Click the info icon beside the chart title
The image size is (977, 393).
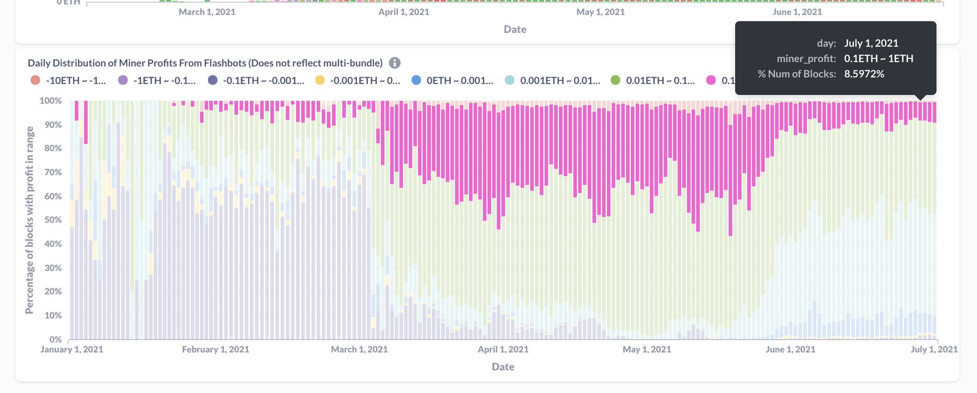coord(395,63)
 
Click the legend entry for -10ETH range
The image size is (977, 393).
coord(68,80)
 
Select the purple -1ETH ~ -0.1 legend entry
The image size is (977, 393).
coord(157,80)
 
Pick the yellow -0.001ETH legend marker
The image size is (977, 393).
coord(320,80)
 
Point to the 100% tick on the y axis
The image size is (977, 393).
coord(51,101)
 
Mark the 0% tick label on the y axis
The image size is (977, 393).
coord(55,340)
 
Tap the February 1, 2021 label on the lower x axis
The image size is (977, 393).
coord(216,350)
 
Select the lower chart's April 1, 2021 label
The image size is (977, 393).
coord(503,350)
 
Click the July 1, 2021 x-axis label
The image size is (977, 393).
coord(934,350)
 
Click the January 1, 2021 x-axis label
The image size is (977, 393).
coord(72,350)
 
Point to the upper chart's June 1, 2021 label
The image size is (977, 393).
coord(797,12)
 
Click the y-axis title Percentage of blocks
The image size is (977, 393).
coord(29,220)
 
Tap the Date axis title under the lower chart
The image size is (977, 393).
coord(503,367)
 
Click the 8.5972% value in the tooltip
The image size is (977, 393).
coord(864,74)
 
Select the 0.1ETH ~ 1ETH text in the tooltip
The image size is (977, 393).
coord(878,59)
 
